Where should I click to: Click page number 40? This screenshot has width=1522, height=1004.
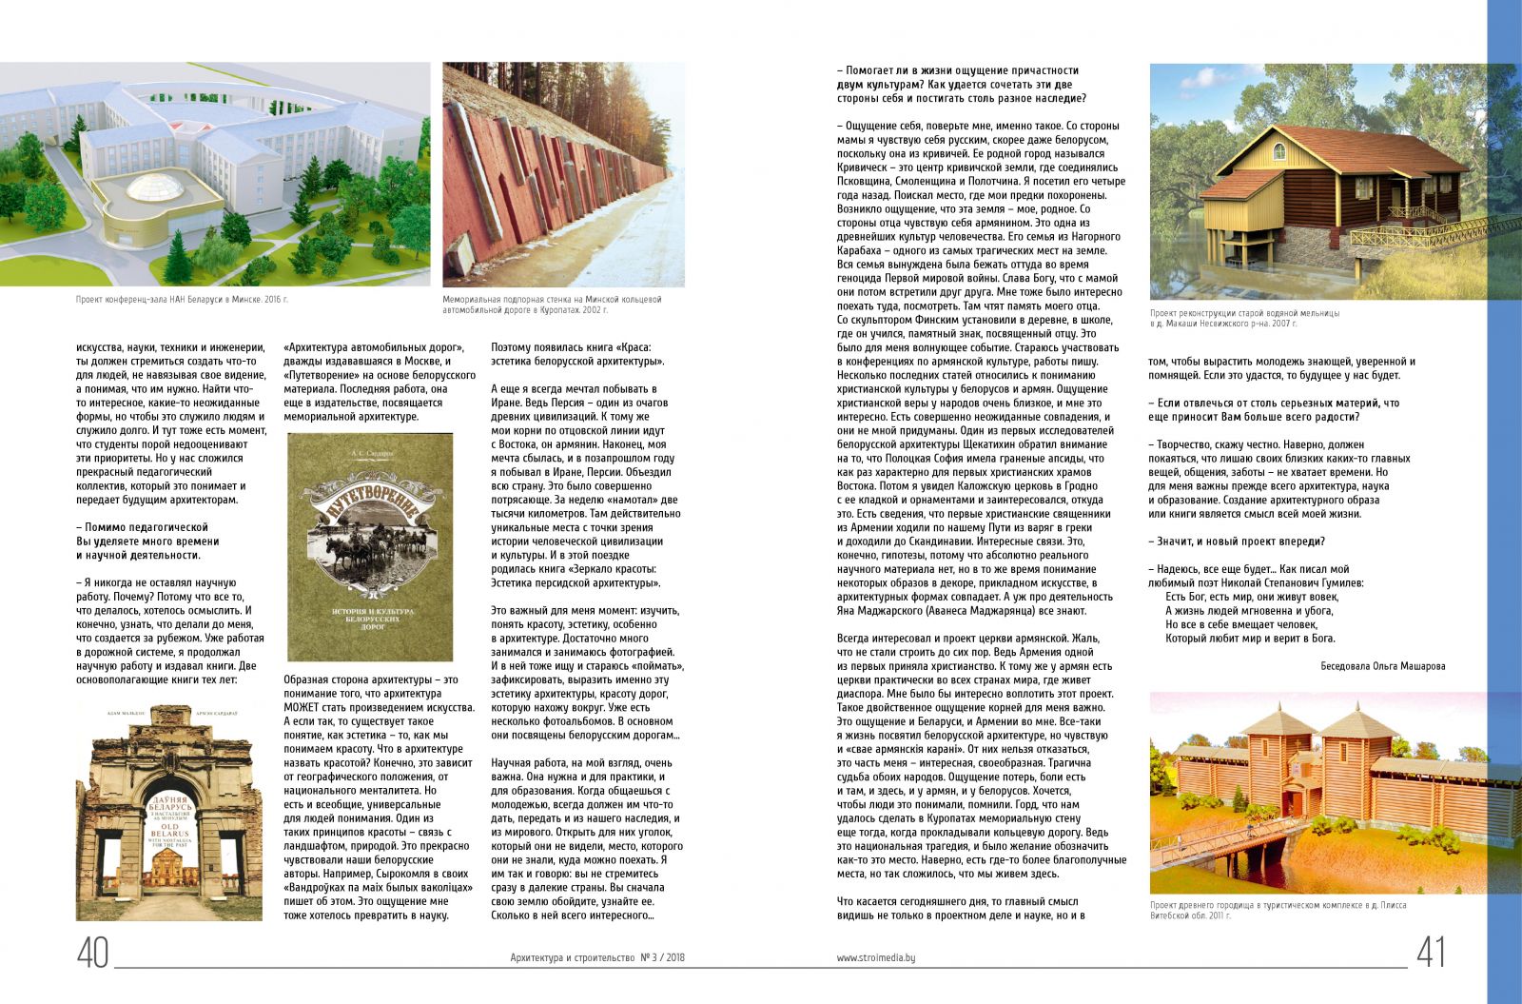[93, 953]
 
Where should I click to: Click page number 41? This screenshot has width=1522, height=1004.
[1431, 953]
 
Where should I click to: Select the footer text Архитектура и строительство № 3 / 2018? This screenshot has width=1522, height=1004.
[597, 959]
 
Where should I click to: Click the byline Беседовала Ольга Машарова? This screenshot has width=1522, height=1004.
[1382, 666]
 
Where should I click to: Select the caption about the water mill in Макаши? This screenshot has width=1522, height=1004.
[1244, 318]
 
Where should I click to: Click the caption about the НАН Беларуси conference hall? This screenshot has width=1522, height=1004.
[182, 299]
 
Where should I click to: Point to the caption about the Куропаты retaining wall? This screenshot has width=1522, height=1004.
[552, 305]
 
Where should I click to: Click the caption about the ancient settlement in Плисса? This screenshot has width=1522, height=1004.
[1278, 910]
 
